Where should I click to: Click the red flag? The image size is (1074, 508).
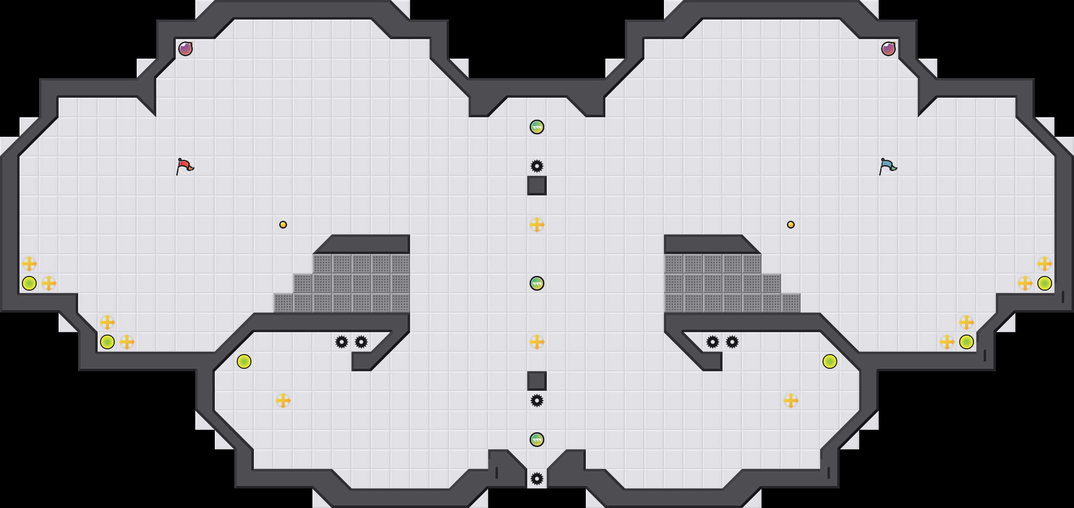185,166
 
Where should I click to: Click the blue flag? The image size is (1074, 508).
888,166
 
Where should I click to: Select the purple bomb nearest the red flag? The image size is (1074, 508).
186,49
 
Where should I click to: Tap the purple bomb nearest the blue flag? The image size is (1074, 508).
888,49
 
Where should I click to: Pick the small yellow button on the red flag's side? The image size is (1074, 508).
283,225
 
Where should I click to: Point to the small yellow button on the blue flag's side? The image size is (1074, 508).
791,225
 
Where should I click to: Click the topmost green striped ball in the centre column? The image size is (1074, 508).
537,127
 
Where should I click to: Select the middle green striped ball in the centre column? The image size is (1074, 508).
537,283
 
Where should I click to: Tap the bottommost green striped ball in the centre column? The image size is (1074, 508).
537,440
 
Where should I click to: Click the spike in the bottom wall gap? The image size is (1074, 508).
537,479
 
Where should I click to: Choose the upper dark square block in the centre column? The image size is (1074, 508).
537,186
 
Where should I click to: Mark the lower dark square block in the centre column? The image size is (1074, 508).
537,381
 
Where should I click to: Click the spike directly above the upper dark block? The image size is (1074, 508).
537,166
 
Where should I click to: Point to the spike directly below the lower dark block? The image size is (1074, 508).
537,401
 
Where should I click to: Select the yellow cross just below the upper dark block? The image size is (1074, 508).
537,225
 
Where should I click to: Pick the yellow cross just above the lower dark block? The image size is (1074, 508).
537,342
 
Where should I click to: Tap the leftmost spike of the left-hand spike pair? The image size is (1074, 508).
342,342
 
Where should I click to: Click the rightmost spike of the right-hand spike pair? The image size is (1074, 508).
732,342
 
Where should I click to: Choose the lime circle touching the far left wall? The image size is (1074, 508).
29,283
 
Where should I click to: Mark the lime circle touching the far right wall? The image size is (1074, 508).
1045,283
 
